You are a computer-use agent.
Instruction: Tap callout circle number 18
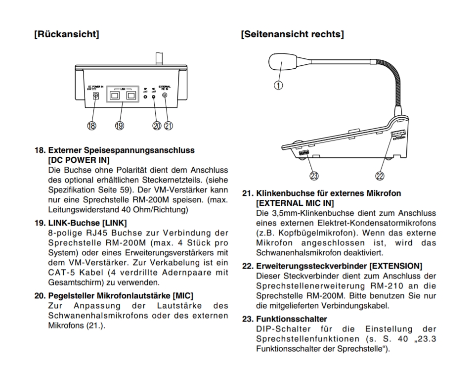click(x=91, y=126)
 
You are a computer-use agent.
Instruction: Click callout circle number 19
click(x=119, y=126)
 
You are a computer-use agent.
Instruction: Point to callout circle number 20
click(x=157, y=126)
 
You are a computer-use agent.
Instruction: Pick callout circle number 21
click(x=168, y=126)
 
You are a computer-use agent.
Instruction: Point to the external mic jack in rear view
click(x=164, y=97)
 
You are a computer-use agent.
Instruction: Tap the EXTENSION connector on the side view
click(x=396, y=134)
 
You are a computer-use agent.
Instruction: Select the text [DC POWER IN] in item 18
click(x=78, y=160)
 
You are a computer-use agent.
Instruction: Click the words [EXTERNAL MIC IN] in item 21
click(x=295, y=203)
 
